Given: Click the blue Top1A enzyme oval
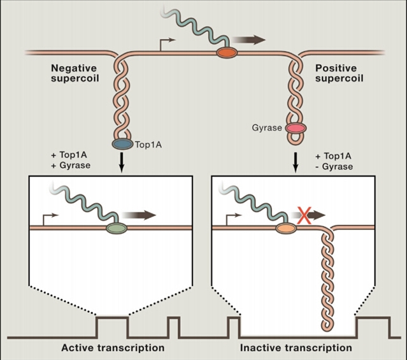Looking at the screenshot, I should coord(122,144).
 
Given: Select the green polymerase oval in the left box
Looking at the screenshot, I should coord(116,226).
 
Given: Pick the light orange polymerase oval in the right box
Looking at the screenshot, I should coord(285,226).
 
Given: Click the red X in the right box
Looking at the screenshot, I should coord(304,216).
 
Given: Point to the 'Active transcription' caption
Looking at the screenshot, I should coord(113,348).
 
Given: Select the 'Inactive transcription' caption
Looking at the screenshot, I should coord(296,348).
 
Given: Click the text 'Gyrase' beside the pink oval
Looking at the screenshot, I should coord(266,128).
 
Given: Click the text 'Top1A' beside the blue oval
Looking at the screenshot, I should coord(148,145).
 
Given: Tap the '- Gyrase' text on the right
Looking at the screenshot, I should coord(334,166).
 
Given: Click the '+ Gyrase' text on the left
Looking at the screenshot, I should coord(72,166).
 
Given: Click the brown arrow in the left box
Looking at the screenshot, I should coord(141,215).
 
